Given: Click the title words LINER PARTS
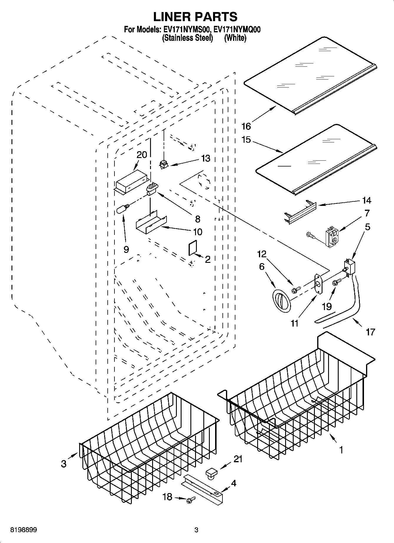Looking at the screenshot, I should tap(195, 17).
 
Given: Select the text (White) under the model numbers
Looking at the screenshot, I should tap(235, 38).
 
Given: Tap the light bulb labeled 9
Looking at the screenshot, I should tap(123, 209).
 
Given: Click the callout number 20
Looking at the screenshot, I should tap(142, 155).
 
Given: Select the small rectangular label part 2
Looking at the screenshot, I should tap(192, 248).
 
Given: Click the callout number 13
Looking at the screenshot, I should tap(206, 159).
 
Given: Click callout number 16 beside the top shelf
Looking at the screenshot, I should tap(246, 126).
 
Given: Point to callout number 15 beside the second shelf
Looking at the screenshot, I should tap(246, 140).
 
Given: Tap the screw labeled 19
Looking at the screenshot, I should tap(336, 283).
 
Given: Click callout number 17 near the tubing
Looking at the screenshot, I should tap(370, 332).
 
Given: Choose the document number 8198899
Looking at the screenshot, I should tap(24, 530).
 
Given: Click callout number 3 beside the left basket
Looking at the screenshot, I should tap(64, 464).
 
